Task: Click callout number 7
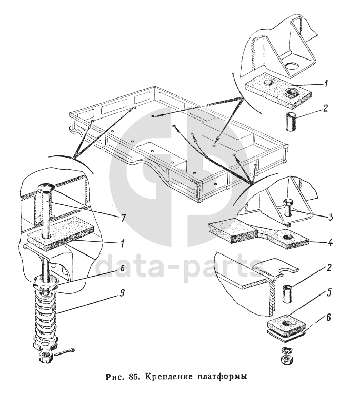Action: point(122,218)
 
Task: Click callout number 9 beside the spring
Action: point(121,293)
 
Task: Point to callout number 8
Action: point(122,269)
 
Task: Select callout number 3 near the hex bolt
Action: point(330,217)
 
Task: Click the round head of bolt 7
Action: point(46,187)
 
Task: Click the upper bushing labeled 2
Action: point(291,121)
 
